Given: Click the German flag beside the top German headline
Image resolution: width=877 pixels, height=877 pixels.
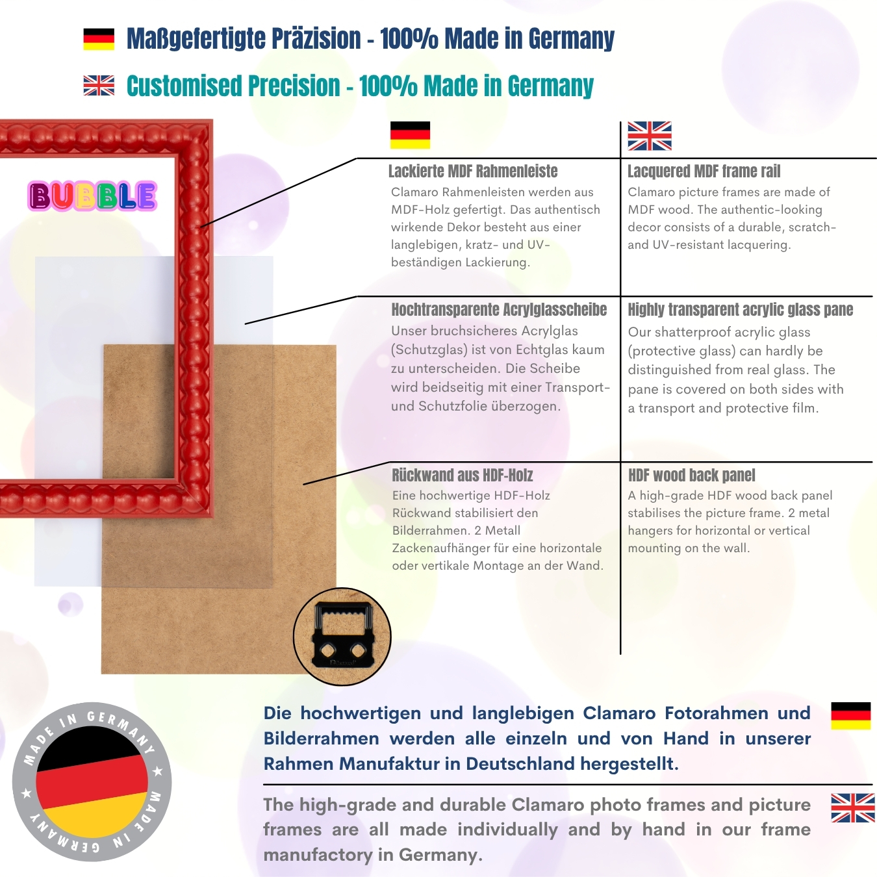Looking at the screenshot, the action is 99,39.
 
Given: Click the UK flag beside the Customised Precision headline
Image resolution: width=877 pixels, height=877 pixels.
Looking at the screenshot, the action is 99,85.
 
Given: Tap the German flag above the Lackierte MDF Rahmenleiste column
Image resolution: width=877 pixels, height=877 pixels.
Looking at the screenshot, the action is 410,135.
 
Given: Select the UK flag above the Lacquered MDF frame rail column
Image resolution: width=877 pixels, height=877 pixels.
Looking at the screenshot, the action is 650,136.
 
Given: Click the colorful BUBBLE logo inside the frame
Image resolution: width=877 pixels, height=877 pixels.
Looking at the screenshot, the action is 92,196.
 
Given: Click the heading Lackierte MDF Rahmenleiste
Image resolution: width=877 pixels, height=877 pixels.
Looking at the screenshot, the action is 473,172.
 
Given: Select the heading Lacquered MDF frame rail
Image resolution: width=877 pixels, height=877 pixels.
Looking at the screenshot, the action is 704,172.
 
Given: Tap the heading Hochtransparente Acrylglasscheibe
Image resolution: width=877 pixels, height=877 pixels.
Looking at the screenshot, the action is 500,309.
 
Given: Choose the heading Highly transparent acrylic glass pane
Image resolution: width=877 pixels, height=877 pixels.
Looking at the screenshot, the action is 741,309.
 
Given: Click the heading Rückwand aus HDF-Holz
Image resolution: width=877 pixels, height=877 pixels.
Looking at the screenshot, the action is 463,475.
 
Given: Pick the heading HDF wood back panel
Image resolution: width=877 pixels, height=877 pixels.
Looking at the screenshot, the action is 691,475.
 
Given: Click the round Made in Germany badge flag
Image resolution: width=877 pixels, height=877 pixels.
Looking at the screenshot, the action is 92,783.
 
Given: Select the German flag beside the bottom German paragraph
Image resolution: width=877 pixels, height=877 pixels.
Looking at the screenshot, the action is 850,715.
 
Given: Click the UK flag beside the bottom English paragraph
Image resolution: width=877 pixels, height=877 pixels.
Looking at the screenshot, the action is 853,808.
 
